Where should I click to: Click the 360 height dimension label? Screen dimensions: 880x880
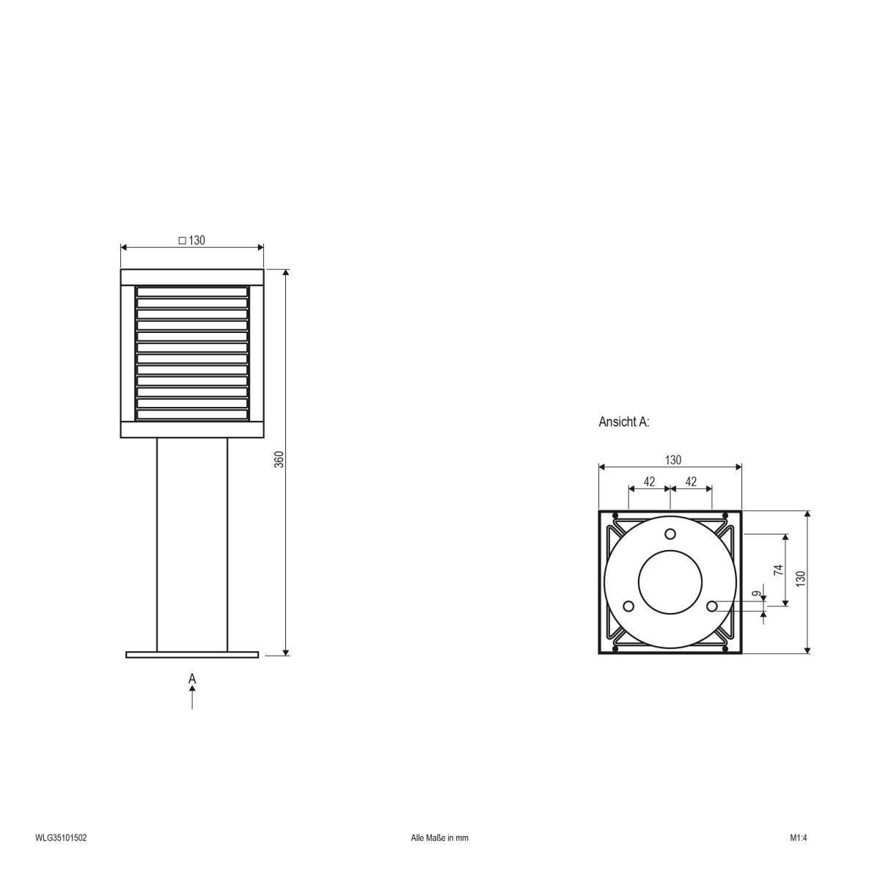pos(279,460)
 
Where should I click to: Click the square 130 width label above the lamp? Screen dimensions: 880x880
pos(191,240)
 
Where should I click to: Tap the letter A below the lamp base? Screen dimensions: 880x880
pos(192,678)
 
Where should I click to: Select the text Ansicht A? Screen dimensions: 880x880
pos(624,422)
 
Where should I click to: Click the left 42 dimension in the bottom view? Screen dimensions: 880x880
pos(649,481)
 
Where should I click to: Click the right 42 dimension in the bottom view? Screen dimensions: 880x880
pos(690,481)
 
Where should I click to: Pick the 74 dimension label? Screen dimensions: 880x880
pos(779,569)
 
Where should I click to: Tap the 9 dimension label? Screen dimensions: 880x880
pos(756,595)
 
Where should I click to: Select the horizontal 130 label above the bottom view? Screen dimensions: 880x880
pos(672,460)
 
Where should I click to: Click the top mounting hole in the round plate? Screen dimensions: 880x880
pos(670,533)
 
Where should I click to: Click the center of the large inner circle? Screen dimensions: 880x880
pos(670,582)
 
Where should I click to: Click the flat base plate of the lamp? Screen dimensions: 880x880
pos(192,654)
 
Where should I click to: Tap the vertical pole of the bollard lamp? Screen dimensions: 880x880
pos(192,543)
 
